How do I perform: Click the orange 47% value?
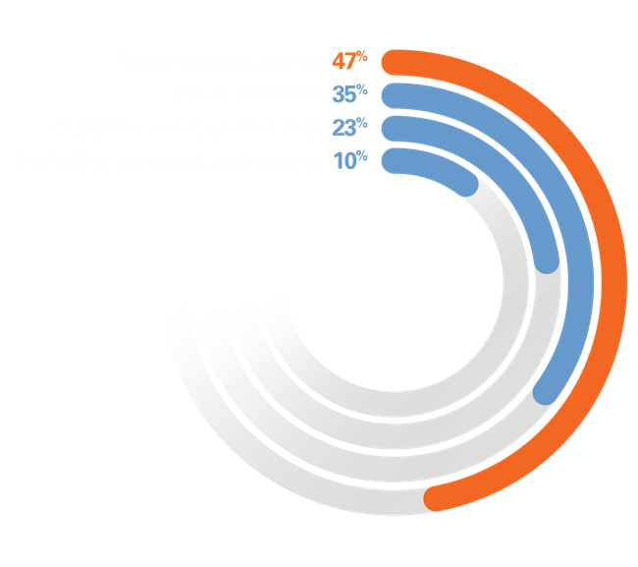(348, 61)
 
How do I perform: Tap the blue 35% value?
(348, 94)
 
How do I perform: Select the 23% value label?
(348, 127)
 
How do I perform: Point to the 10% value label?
(348, 160)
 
